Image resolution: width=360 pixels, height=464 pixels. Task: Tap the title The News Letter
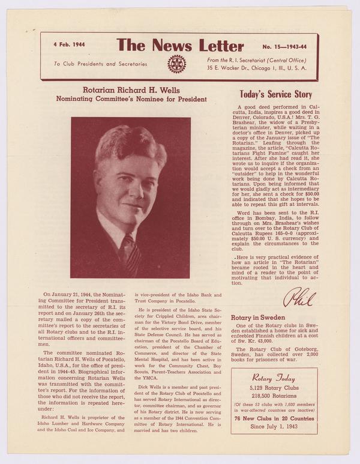180,46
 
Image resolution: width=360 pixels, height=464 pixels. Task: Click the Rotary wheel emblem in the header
176,64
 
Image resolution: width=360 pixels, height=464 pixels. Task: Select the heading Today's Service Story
275,94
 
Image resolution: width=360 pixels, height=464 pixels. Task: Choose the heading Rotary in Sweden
258,318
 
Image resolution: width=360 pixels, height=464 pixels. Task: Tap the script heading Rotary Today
274,378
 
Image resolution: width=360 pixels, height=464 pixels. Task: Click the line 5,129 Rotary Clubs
274,388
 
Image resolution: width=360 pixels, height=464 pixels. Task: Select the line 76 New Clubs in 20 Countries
274,418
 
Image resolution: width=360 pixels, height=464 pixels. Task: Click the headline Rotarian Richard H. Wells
131,89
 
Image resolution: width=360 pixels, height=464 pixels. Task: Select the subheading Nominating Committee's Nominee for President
131,99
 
